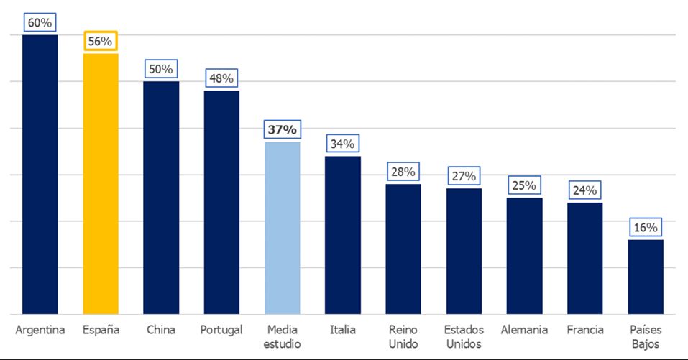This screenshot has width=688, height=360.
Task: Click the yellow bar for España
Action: (101, 183)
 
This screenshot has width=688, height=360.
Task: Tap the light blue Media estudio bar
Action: (283, 228)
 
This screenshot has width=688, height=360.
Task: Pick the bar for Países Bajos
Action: (645, 277)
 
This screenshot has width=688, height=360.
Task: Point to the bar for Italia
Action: (343, 235)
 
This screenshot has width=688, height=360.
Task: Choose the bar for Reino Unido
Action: (403, 249)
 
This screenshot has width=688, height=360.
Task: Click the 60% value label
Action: (40, 22)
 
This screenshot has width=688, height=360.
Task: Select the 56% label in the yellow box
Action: (101, 42)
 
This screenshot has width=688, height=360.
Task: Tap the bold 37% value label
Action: (283, 130)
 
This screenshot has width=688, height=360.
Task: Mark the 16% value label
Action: (645, 228)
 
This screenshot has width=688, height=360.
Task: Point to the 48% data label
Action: (221, 78)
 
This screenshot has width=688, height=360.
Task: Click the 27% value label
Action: (464, 176)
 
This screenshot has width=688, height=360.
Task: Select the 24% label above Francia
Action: (584, 190)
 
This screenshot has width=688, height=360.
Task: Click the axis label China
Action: (161, 330)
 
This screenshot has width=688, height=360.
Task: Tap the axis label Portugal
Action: (221, 330)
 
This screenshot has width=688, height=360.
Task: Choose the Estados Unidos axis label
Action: (464, 336)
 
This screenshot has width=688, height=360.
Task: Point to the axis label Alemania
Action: (524, 330)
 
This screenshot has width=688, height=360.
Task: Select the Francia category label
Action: (584, 330)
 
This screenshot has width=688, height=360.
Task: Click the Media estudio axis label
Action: (283, 336)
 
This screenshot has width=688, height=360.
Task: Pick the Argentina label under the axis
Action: (40, 330)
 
